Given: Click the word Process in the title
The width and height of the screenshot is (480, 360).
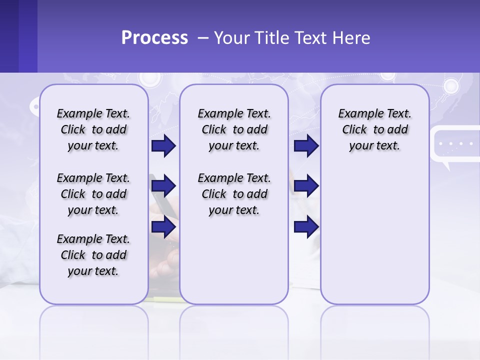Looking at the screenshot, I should click(154, 38).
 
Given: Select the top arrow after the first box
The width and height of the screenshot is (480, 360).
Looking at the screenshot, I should click(163, 146).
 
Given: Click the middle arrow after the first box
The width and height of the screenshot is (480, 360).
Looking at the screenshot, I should click(163, 186).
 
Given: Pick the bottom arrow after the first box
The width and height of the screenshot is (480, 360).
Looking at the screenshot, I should click(163, 227).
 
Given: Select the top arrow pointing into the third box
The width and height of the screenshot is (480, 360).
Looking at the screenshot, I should click(306, 146).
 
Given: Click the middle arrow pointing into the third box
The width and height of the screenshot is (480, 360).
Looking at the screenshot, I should click(306, 186).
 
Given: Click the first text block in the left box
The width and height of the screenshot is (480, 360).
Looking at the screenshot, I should click(93, 129).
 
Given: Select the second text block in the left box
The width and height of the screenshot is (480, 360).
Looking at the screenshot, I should click(93, 194).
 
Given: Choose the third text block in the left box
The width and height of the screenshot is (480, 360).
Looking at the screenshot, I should click(93, 255).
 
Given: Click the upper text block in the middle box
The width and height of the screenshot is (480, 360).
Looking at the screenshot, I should click(234, 129).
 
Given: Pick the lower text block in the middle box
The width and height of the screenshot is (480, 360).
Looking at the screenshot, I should click(234, 194).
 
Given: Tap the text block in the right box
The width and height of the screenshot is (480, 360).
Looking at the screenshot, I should click(374, 129).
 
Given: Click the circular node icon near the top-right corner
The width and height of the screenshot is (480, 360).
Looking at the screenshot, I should click(451, 86).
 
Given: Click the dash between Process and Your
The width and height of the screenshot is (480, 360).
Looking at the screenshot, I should click(203, 38).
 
